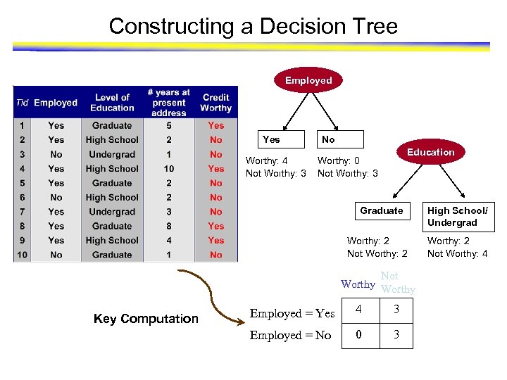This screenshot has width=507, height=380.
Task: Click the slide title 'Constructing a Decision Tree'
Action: pos(253,27)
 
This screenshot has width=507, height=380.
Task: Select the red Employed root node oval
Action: pos(308,80)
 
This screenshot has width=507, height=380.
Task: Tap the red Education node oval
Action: pos(430,152)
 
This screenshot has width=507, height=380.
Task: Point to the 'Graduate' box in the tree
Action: pos(381,210)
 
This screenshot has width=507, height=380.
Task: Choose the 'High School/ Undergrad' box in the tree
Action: pos(457,216)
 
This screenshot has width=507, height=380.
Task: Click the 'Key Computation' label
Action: pos(146,319)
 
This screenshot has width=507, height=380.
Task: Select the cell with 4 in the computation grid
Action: pos(359,310)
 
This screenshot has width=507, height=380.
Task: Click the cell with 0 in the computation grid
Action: pos(359,335)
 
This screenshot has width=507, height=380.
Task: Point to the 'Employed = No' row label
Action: pos(290,336)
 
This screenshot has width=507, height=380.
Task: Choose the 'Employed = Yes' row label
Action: pos(292,314)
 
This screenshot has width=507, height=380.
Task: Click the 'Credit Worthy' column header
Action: pos(215,103)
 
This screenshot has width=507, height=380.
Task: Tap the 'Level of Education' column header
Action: pos(112,103)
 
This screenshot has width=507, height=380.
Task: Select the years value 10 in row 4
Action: pos(169,169)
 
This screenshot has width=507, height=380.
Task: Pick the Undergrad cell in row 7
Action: pos(112,212)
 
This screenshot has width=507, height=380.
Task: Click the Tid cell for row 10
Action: pos(23,255)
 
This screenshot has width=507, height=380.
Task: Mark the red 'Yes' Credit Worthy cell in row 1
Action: pos(215,125)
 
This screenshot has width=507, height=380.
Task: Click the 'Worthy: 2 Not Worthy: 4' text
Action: pos(457,248)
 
